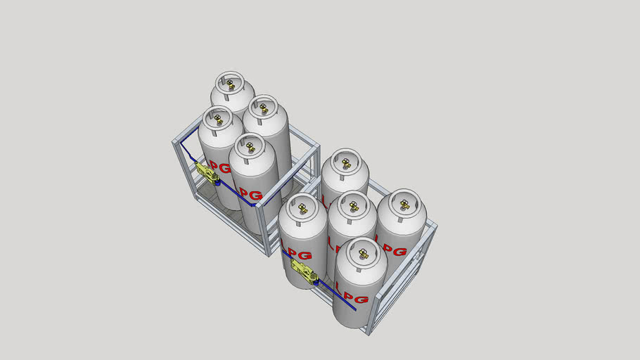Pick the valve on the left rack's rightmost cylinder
[x=262, y=108]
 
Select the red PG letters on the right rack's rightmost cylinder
[x=395, y=250]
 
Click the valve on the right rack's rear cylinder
[x=345, y=163]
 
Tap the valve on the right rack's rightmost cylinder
[x=404, y=205]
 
